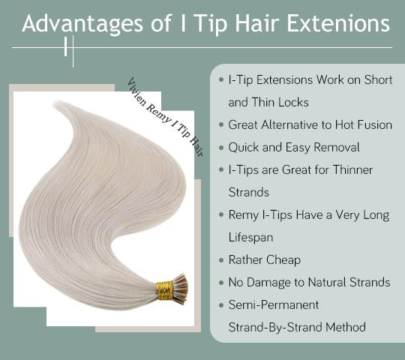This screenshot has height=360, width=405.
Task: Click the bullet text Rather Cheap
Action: (264, 259)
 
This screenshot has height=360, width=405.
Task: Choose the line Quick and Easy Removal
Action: (294, 147)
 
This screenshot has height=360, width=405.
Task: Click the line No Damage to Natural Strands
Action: (309, 282)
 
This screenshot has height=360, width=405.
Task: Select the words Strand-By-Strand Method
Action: (297, 327)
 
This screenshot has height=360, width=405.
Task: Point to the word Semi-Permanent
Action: (274, 304)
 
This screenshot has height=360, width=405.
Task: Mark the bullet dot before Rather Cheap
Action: (220, 260)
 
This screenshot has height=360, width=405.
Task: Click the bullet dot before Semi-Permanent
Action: (220, 305)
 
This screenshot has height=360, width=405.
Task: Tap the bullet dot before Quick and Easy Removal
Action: (220, 148)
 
